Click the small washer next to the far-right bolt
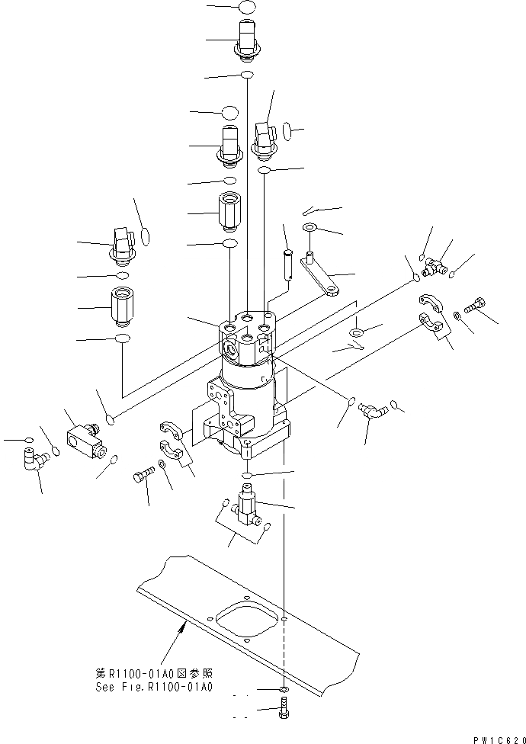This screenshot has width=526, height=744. [x=457, y=314]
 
